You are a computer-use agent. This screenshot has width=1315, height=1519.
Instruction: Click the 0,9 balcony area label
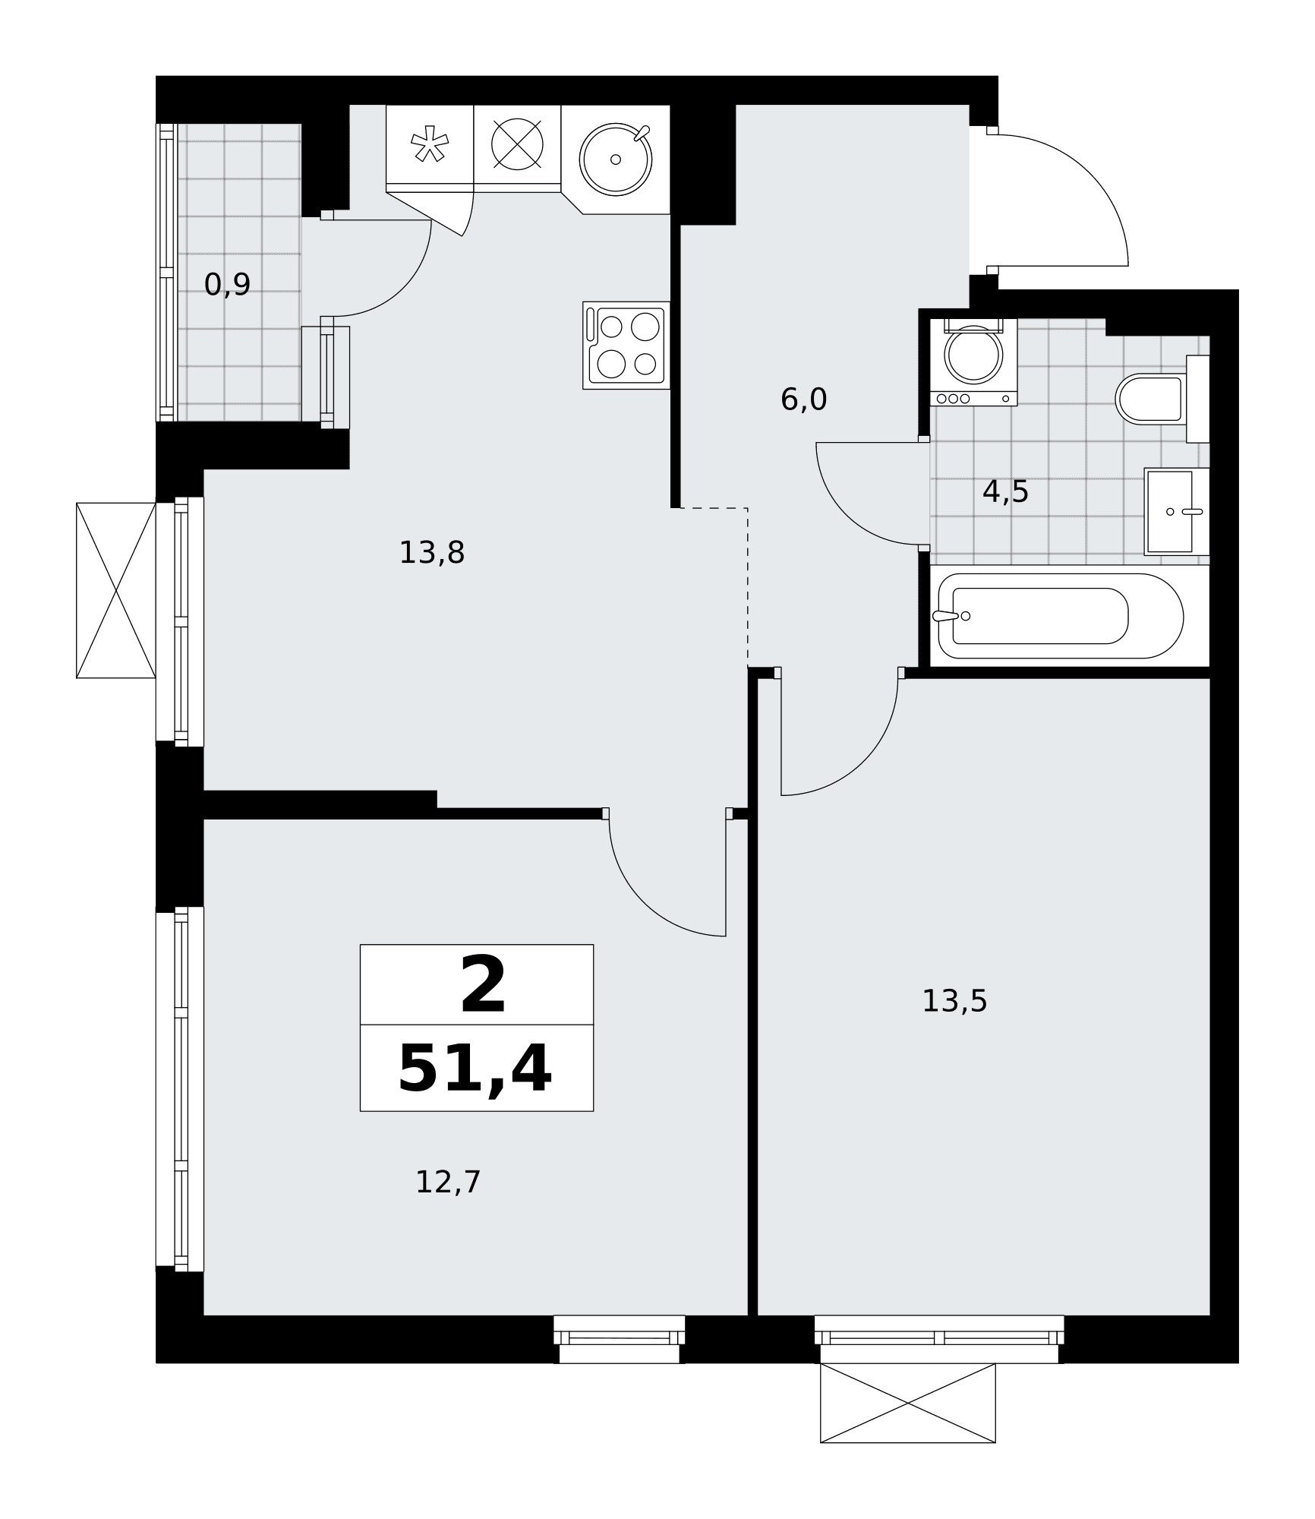(227, 285)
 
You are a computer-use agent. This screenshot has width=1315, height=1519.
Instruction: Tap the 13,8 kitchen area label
(431, 553)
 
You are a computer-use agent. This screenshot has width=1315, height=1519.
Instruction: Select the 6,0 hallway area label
(803, 399)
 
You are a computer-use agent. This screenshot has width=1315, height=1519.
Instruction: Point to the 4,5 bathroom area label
(1005, 492)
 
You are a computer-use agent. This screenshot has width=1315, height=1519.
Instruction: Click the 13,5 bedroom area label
(954, 1001)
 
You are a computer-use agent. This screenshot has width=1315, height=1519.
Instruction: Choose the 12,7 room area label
(448, 1182)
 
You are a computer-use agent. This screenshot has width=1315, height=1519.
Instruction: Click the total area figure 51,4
(475, 1069)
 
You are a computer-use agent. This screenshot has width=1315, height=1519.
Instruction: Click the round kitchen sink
(616, 159)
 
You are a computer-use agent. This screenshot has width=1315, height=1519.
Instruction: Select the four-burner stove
(626, 346)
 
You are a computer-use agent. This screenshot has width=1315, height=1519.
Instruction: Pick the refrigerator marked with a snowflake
(430, 149)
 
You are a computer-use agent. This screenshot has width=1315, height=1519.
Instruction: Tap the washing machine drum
(973, 355)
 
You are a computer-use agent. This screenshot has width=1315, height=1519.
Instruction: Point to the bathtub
(1061, 616)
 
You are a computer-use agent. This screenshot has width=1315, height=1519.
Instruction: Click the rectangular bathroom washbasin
(1176, 511)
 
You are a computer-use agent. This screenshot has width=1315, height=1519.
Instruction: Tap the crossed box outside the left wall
(116, 590)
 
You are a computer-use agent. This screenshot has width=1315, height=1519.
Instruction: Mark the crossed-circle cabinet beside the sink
(517, 144)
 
